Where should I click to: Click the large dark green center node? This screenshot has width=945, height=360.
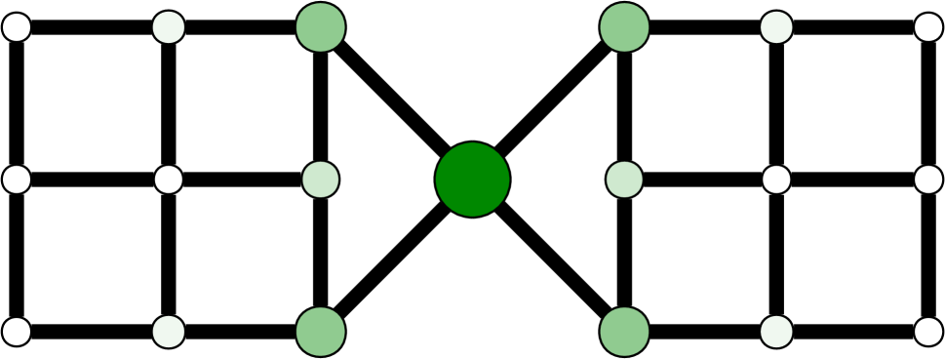click(x=473, y=180)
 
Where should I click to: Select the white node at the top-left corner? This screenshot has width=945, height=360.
click(x=17, y=27)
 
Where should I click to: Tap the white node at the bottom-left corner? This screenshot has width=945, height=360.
click(x=17, y=332)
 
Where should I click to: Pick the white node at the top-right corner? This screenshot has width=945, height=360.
click(x=928, y=27)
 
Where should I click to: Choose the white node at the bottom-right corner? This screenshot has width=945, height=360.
click(x=928, y=332)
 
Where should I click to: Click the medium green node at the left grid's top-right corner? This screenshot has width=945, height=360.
click(x=321, y=27)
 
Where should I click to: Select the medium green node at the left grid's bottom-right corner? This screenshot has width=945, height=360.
click(x=321, y=332)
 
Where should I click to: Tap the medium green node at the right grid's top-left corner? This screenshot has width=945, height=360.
click(x=624, y=27)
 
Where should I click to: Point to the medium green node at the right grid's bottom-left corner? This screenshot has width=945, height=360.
click(x=624, y=332)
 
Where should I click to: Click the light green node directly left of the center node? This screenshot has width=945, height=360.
click(x=321, y=180)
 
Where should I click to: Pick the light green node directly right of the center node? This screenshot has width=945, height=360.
click(x=624, y=180)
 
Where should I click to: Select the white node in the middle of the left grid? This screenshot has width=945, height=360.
click(x=169, y=180)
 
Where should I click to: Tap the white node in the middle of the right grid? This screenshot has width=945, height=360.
click(x=776, y=180)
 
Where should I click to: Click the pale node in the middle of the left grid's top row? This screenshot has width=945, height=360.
click(x=169, y=27)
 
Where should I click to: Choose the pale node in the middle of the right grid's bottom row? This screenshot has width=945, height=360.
click(x=776, y=332)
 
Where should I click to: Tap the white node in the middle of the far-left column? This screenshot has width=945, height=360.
click(x=17, y=180)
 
